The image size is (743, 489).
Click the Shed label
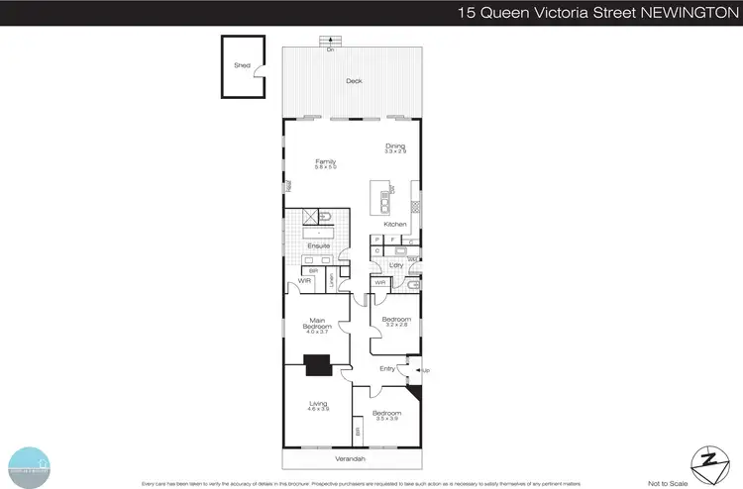click(x=242, y=65)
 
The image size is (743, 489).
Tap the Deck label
click(x=353, y=81)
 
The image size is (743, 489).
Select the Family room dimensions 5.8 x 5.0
click(x=326, y=167)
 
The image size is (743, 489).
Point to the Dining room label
click(x=395, y=147)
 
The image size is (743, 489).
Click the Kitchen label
click(x=396, y=225)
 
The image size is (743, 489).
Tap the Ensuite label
click(x=318, y=245)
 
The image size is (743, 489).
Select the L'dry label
click(x=393, y=265)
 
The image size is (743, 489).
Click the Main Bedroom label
click(x=318, y=320)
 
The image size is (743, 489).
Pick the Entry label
click(x=387, y=368)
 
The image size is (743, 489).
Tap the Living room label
click(x=318, y=404)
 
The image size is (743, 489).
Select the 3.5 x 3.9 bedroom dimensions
click(x=386, y=419)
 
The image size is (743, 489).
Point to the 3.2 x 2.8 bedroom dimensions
click(x=396, y=325)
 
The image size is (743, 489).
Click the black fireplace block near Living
click(x=318, y=366)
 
